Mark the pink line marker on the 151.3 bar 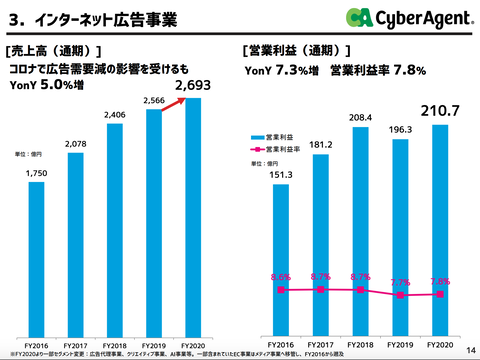pyautogui.click(x=282, y=290)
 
